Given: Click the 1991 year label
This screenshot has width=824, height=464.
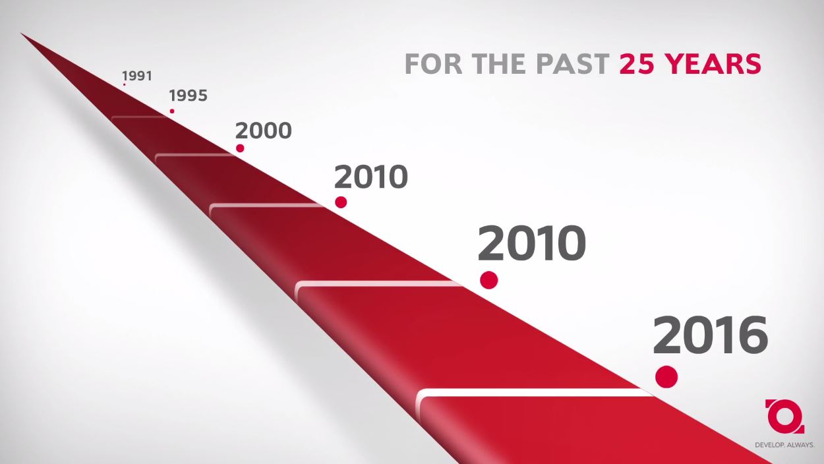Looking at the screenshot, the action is [137, 76].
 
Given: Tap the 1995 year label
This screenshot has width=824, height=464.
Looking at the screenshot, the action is [189, 96].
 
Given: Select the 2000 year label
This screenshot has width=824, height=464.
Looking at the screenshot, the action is [264, 131].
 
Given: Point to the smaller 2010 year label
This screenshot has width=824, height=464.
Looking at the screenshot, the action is [370, 177].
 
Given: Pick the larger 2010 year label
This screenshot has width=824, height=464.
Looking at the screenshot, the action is [531, 243].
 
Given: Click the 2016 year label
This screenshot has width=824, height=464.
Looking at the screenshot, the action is [711, 335].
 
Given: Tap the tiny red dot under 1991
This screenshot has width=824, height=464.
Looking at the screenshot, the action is [125, 84].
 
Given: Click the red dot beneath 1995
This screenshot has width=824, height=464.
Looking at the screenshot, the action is [172, 111].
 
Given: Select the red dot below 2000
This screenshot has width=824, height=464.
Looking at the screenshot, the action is [240, 148].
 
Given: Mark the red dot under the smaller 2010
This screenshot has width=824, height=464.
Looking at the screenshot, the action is [341, 202].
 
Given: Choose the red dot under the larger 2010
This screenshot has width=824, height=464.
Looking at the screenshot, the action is [489, 280].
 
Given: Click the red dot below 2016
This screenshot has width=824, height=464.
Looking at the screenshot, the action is [666, 376].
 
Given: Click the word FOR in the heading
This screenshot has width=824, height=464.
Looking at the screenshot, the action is [433, 64].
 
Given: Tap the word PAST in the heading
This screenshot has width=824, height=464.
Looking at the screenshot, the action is [573, 64].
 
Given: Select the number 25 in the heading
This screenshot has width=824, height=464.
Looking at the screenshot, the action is [637, 64].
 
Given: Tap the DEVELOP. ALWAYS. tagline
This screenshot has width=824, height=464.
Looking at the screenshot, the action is [784, 445].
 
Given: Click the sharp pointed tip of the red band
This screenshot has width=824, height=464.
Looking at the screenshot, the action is [21, 34].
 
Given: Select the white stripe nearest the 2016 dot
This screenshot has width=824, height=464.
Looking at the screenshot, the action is [533, 393].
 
